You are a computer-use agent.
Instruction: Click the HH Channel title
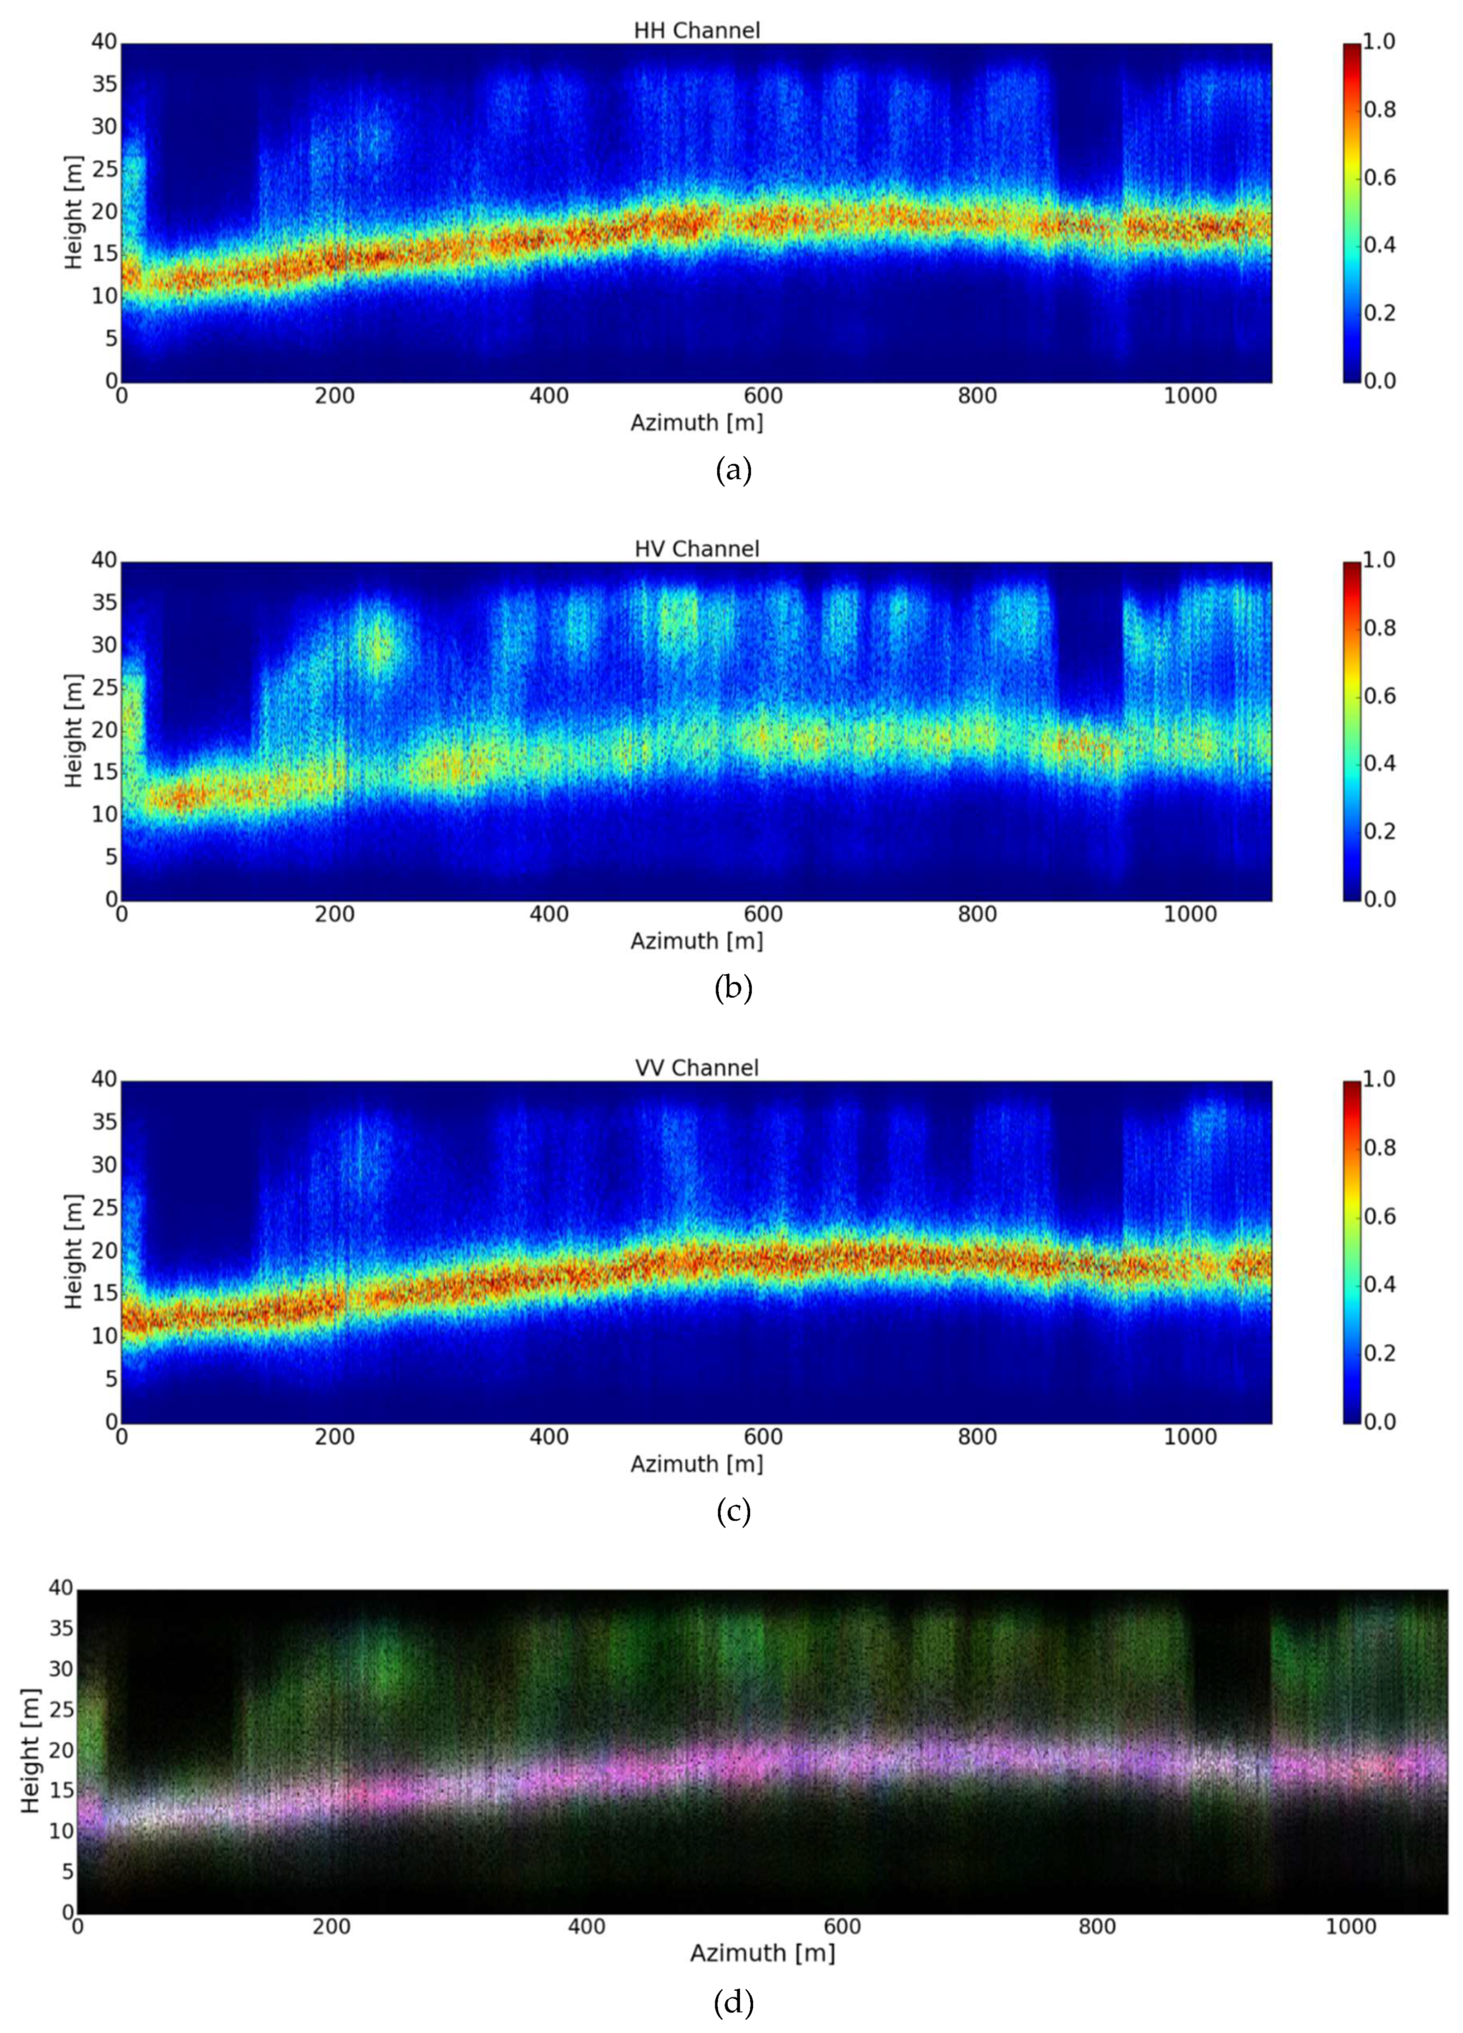[696, 31]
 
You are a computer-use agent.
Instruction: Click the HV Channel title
[696, 548]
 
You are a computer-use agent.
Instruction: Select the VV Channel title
[696, 1068]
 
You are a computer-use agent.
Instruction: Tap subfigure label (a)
[733, 470]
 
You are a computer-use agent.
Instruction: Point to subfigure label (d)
[733, 2002]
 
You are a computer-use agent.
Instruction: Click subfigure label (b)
[733, 988]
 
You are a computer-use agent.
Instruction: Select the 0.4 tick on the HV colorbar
[1380, 764]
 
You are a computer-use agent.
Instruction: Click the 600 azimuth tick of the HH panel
[763, 396]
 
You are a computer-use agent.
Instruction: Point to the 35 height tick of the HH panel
[104, 84]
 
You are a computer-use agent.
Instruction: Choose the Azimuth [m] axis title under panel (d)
[762, 1953]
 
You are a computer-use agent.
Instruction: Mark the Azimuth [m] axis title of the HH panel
[696, 423]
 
